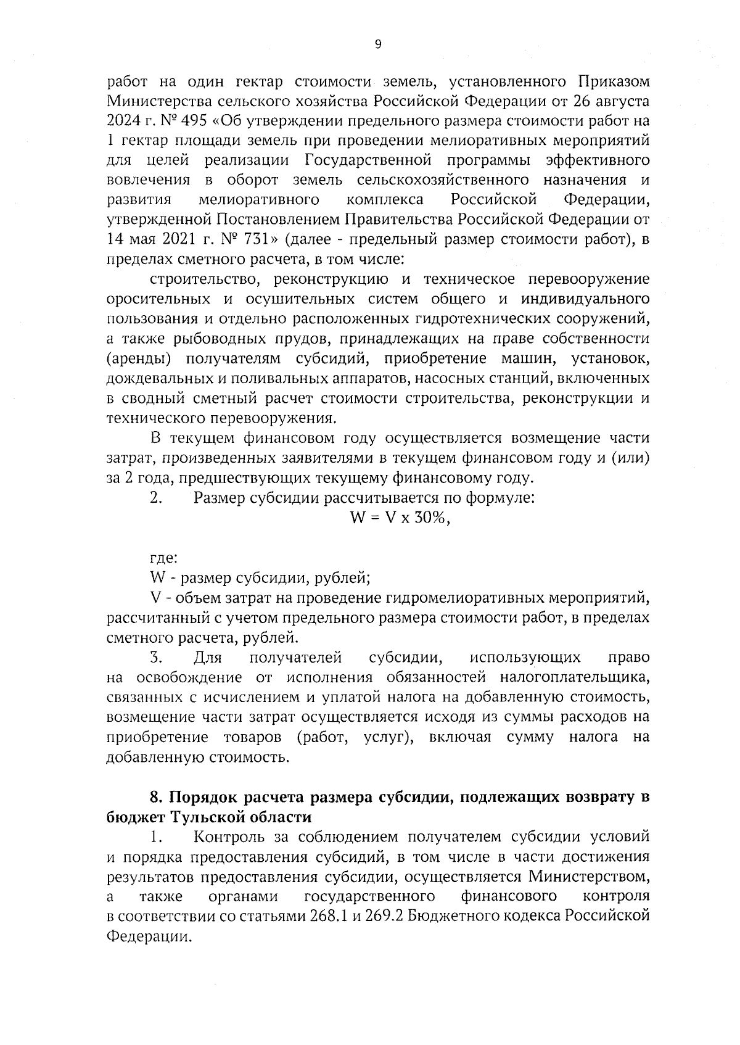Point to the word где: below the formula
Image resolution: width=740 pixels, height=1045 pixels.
point(163,558)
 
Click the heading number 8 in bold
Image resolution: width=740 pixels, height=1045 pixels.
point(155,798)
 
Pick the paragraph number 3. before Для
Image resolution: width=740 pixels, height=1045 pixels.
point(155,658)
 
